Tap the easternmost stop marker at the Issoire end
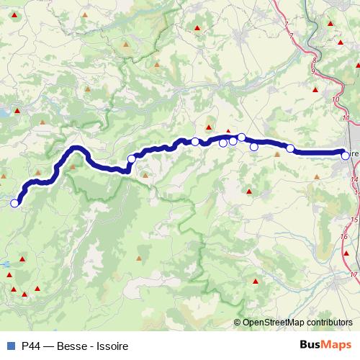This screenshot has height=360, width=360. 346,156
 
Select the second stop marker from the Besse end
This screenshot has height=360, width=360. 132,159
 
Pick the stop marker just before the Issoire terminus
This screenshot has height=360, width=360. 290,149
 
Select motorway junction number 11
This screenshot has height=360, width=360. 346,117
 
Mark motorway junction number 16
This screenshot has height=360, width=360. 345,237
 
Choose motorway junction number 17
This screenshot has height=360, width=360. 354,274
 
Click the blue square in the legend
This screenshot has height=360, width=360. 9,345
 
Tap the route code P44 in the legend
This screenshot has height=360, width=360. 31,345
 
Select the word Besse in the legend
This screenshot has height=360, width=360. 70,345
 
